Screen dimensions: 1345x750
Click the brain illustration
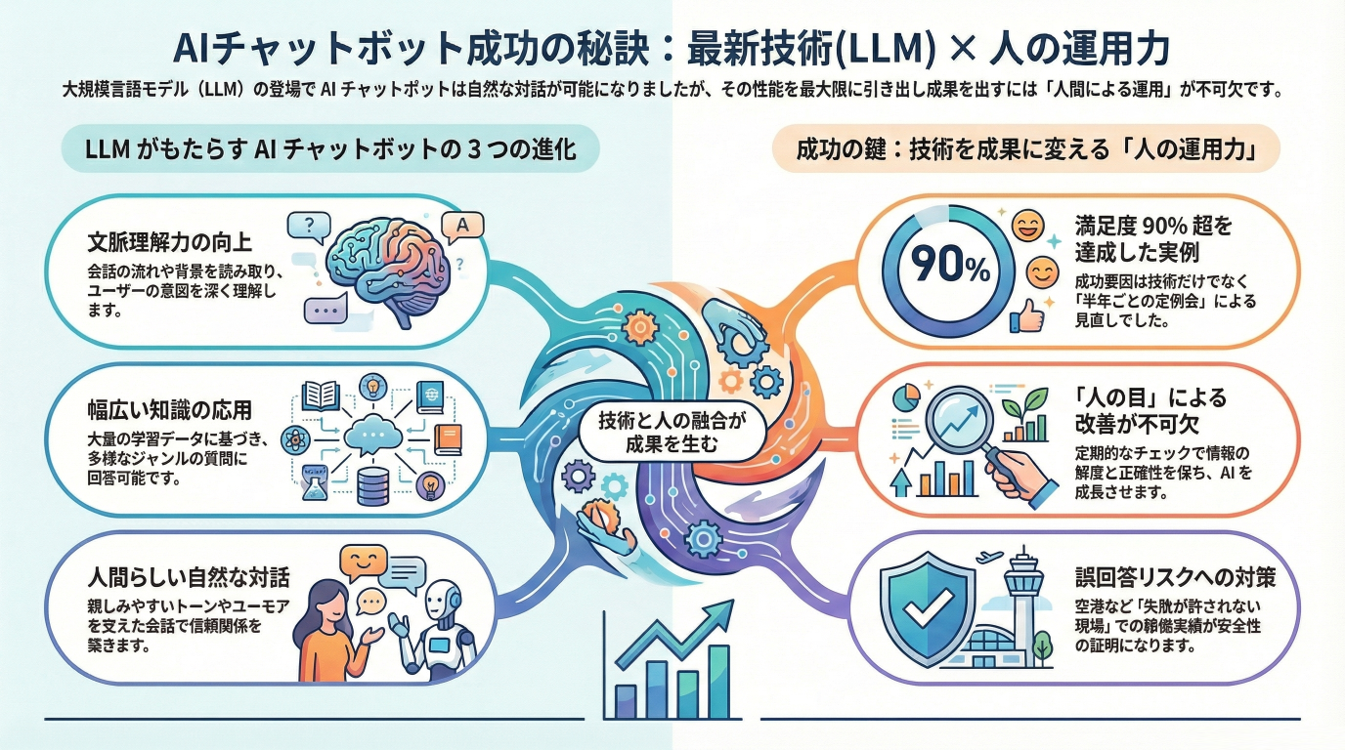(386, 266)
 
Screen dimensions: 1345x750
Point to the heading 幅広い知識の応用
(169, 407)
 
